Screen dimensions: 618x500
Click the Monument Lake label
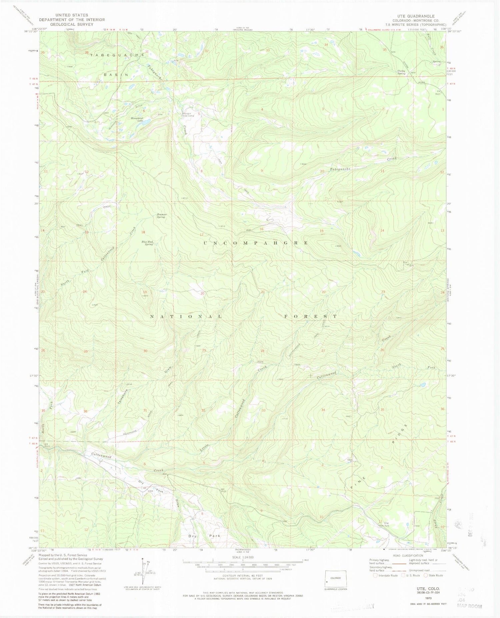point(137,119)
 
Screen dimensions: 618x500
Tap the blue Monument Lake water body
point(146,123)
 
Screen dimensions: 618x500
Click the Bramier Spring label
point(162,216)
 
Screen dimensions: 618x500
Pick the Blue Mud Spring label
point(147,243)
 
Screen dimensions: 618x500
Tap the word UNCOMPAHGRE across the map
point(256,243)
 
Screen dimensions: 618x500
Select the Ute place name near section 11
point(386,523)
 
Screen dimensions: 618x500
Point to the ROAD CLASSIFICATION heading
point(408,556)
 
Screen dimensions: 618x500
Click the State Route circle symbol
point(426,575)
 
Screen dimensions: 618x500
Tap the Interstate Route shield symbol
point(375,575)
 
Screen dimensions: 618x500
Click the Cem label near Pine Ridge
point(349,460)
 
